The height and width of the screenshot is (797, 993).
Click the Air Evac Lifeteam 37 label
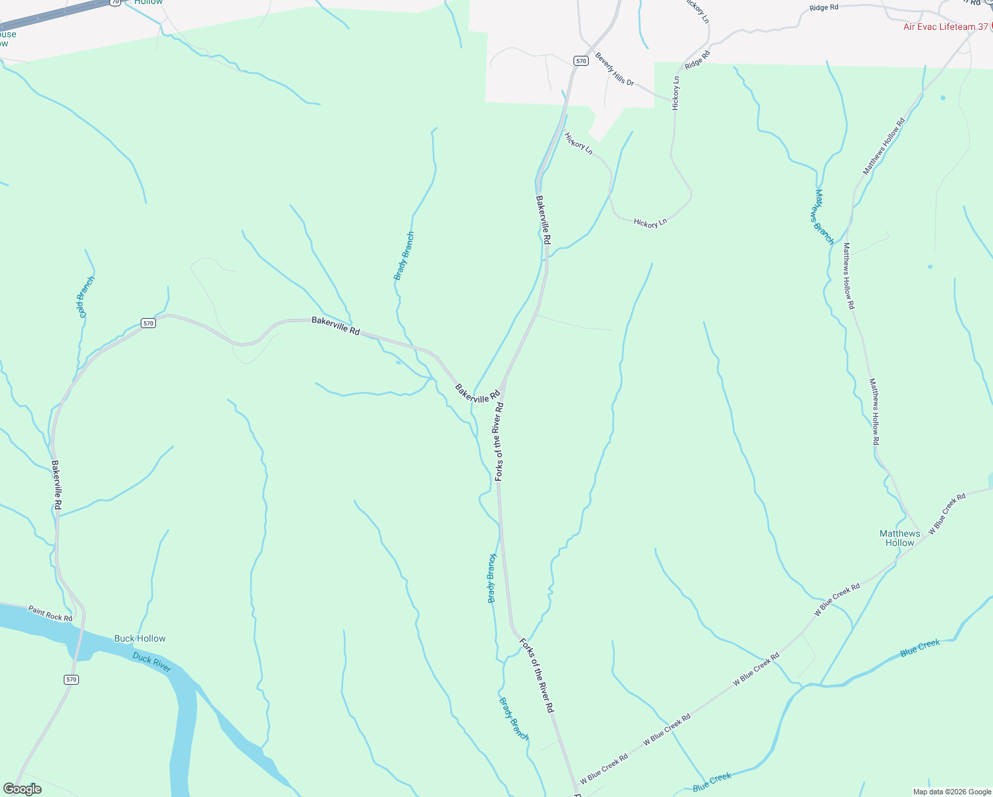tap(945, 27)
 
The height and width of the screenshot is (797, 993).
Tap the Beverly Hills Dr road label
tap(614, 69)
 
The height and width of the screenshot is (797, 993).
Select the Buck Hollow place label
tap(139, 638)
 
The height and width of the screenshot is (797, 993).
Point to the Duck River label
tap(152, 662)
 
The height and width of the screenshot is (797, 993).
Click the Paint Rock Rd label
tap(50, 613)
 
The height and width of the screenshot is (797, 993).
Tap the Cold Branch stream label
tap(86, 296)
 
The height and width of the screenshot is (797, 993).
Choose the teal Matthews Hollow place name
tap(899, 538)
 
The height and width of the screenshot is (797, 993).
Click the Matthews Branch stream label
tap(823, 217)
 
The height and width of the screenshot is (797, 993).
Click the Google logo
tap(22, 789)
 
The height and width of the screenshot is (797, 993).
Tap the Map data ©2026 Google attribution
tap(951, 792)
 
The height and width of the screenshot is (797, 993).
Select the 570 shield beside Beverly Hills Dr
tap(581, 61)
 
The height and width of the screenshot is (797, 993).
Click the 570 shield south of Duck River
tap(72, 679)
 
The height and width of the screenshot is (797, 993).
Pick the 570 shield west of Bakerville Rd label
tap(148, 323)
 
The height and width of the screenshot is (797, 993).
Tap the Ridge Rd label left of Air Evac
tap(824, 8)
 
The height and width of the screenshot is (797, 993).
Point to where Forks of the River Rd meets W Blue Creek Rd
tap(574, 784)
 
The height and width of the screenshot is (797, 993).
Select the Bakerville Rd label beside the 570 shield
tap(335, 325)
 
